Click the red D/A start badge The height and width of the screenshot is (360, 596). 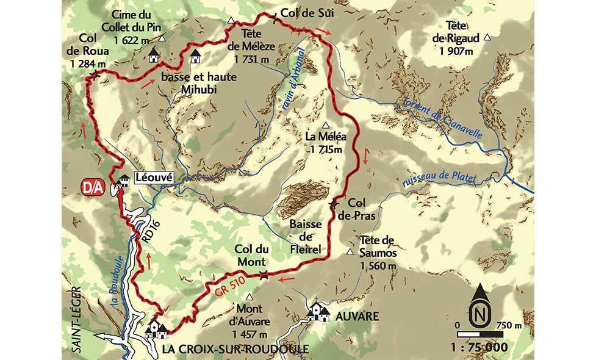pos(92,185)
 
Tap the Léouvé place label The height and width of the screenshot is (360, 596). pos(154,178)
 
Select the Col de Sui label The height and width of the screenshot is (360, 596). pos(303,12)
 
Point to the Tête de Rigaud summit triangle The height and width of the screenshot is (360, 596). pos(487,38)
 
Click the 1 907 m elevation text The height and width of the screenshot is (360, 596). pos(456,51)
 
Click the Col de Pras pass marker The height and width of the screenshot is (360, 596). pos(334,203)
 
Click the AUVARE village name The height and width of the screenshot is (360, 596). pos(357,316)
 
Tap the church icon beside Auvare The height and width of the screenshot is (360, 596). pos(318,312)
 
